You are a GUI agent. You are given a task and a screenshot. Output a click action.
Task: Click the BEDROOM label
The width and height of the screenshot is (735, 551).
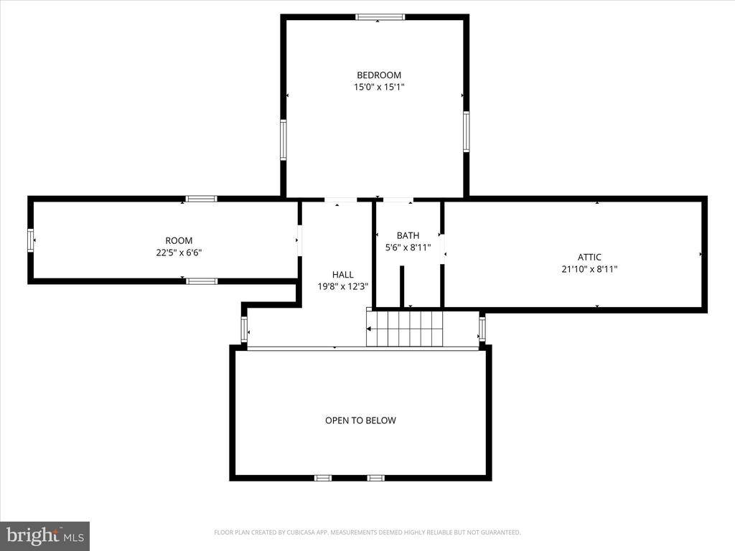(x=379, y=75)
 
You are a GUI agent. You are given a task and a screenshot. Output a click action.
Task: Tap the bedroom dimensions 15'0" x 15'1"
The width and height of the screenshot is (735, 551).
(x=379, y=87)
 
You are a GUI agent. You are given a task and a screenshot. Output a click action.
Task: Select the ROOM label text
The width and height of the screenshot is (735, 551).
(x=179, y=240)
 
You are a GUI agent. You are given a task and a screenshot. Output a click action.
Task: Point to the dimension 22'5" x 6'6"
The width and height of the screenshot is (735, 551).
(x=179, y=253)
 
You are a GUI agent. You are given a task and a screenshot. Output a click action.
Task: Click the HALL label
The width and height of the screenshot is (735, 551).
(x=342, y=274)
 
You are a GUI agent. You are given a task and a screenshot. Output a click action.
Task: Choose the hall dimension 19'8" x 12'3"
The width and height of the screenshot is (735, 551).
(x=342, y=286)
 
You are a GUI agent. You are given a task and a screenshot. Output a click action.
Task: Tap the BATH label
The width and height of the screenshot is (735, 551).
(x=408, y=235)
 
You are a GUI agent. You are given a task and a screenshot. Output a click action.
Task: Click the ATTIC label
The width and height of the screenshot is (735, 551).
(x=589, y=257)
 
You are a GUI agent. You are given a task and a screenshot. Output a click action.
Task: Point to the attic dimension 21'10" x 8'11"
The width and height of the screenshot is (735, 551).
(x=589, y=269)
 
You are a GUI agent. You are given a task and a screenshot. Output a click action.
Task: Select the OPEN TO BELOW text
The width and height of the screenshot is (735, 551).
(x=360, y=420)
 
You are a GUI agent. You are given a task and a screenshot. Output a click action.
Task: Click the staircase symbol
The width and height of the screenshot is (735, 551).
(x=405, y=329)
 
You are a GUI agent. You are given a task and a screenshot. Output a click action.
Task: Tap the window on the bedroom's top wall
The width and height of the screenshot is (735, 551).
(x=380, y=17)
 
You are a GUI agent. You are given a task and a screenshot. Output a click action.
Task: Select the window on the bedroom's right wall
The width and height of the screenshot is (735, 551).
(x=466, y=131)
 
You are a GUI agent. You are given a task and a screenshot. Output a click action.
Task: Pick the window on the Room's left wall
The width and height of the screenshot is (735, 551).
(x=31, y=240)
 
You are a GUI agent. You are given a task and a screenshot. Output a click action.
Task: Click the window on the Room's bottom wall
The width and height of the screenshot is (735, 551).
(x=202, y=281)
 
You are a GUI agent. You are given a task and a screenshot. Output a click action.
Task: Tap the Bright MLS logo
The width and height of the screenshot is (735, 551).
(x=45, y=535)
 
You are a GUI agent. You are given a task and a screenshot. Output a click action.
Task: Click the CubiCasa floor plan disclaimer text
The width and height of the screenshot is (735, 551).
(x=367, y=532)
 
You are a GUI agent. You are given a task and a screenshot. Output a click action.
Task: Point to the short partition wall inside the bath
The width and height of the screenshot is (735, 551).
(x=402, y=287)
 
